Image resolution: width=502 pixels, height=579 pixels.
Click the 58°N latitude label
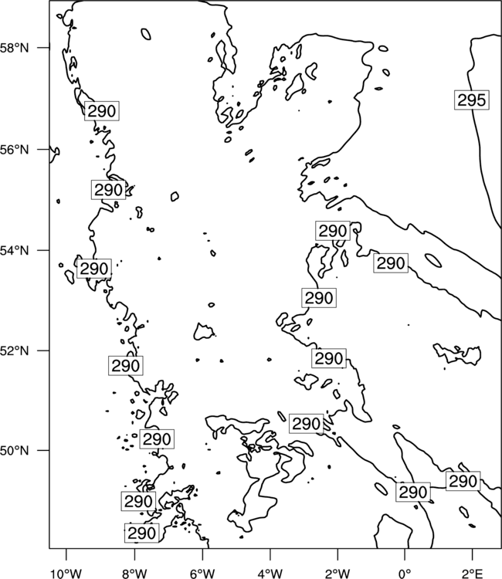(15, 48)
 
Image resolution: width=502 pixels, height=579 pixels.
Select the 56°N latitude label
(15, 150)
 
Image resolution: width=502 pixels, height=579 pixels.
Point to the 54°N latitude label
(15, 250)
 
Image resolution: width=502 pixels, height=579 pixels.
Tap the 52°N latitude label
(15, 350)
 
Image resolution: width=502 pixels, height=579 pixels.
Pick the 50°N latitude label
(15, 451)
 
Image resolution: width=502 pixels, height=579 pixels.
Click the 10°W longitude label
(66, 574)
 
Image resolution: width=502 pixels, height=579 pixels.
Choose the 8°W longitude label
(134, 574)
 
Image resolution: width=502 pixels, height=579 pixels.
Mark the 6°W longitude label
(202, 574)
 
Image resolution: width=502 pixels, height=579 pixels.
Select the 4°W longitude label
(270, 574)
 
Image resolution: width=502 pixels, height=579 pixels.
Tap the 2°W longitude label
(337, 574)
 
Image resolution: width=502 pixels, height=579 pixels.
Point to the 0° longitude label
(405, 574)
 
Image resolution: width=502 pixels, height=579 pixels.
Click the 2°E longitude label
(473, 574)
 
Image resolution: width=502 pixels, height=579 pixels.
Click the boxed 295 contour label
(471, 100)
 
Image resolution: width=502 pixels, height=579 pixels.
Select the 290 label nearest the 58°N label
(102, 110)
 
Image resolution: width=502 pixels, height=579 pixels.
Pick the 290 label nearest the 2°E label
(463, 481)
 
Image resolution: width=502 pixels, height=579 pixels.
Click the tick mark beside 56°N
(43, 149)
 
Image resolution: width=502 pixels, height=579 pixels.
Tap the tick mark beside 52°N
(43, 350)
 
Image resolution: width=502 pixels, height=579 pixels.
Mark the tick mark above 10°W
(66, 554)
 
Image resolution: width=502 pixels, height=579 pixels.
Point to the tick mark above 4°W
(270, 554)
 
